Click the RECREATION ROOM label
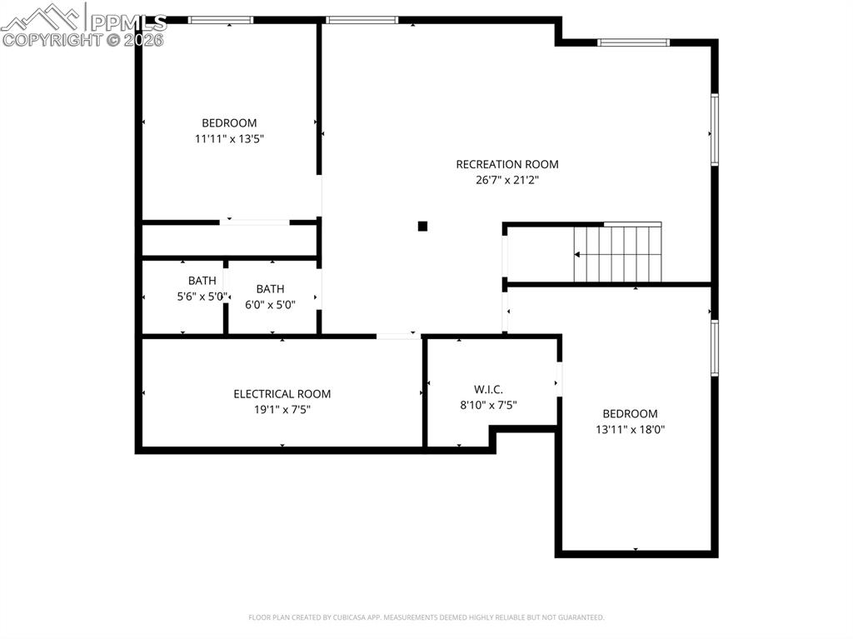click(506, 164)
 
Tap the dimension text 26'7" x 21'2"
click(506, 180)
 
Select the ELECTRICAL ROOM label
click(282, 394)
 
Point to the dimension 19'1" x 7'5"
click(282, 410)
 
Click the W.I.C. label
click(488, 389)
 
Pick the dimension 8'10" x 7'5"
click(488, 405)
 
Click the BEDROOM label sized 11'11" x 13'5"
click(229, 123)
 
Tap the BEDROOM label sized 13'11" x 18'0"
click(630, 414)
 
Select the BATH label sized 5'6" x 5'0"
click(202, 281)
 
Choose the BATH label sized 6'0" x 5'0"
click(270, 289)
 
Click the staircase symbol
click(617, 253)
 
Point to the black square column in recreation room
click(422, 226)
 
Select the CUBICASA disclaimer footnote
click(426, 617)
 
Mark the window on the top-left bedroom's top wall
click(221, 19)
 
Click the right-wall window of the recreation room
click(714, 130)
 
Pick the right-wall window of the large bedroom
click(714, 348)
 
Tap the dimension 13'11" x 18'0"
click(630, 430)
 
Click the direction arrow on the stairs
click(577, 255)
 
